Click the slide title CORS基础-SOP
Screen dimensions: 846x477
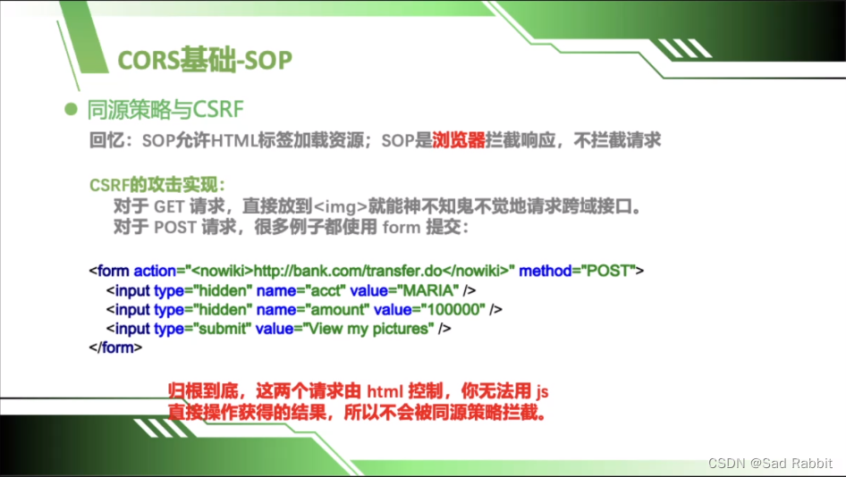pyautogui.click(x=205, y=59)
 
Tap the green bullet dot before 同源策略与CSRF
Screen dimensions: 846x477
pyautogui.click(x=71, y=109)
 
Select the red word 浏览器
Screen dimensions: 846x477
pyautogui.click(x=459, y=140)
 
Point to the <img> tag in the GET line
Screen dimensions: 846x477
pyautogui.click(x=341, y=206)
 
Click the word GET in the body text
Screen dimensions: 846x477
pyautogui.click(x=169, y=206)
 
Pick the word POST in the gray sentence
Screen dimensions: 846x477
pyautogui.click(x=174, y=228)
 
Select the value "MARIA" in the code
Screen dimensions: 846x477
pyautogui.click(x=428, y=290)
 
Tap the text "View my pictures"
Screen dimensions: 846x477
pyautogui.click(x=368, y=329)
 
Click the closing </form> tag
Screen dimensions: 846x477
pyautogui.click(x=115, y=347)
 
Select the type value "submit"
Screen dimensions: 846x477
pyautogui.click(x=223, y=329)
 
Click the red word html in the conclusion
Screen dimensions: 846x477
pyautogui.click(x=385, y=390)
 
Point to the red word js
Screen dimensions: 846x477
pyautogui.click(x=542, y=391)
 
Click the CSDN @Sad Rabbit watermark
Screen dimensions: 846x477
pyautogui.click(x=770, y=463)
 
